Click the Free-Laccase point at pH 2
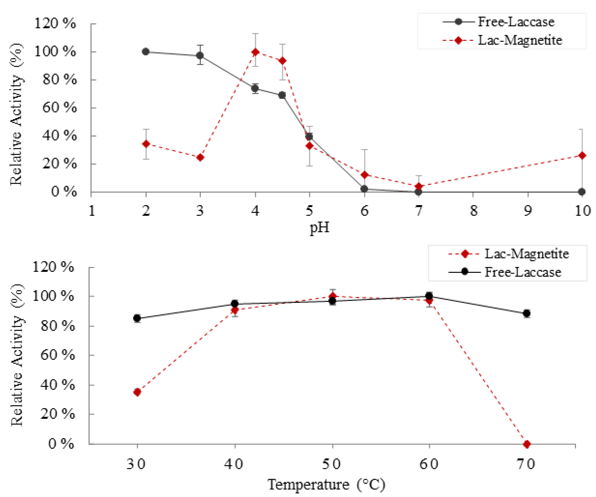coord(146,52)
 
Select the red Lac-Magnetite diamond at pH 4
coord(255,52)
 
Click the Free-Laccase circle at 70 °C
coord(527,313)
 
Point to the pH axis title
coord(320,228)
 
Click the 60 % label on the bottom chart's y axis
coord(57,355)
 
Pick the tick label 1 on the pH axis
coord(92,211)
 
